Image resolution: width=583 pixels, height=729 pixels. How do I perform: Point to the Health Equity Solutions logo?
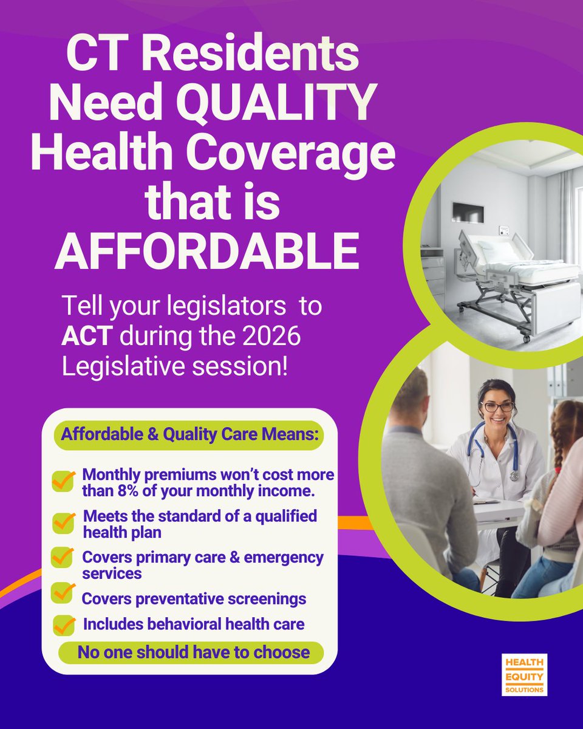click(524, 674)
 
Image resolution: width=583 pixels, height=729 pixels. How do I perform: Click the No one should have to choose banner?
click(193, 653)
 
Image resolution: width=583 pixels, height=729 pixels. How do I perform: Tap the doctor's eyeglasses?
click(497, 406)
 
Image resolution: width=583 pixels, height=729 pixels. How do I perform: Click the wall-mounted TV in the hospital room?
click(468, 213)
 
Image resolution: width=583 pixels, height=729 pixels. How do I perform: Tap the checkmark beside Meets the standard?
click(63, 522)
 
